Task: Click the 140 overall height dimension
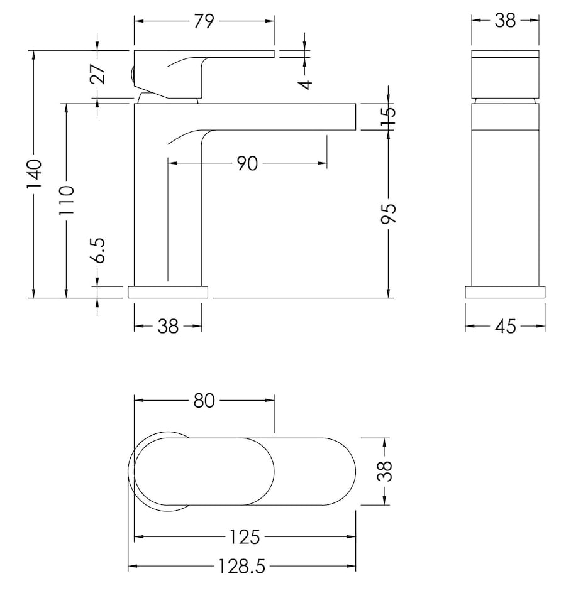34,174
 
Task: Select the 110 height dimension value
67,200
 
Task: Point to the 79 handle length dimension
204,21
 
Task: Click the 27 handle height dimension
97,73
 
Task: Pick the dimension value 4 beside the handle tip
305,84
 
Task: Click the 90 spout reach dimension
247,164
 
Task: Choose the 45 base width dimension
506,326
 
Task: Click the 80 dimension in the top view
204,400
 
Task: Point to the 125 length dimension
245,537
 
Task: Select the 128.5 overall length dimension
241,567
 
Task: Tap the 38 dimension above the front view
505,21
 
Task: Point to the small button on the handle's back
132,76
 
